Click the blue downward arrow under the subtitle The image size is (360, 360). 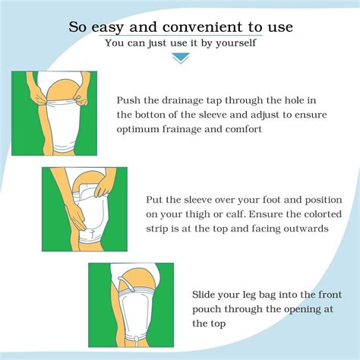pos(180,58)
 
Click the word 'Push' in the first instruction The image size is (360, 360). pos(129,99)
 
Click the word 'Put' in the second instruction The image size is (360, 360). pos(156,199)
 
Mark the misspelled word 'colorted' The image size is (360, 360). pos(292,213)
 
